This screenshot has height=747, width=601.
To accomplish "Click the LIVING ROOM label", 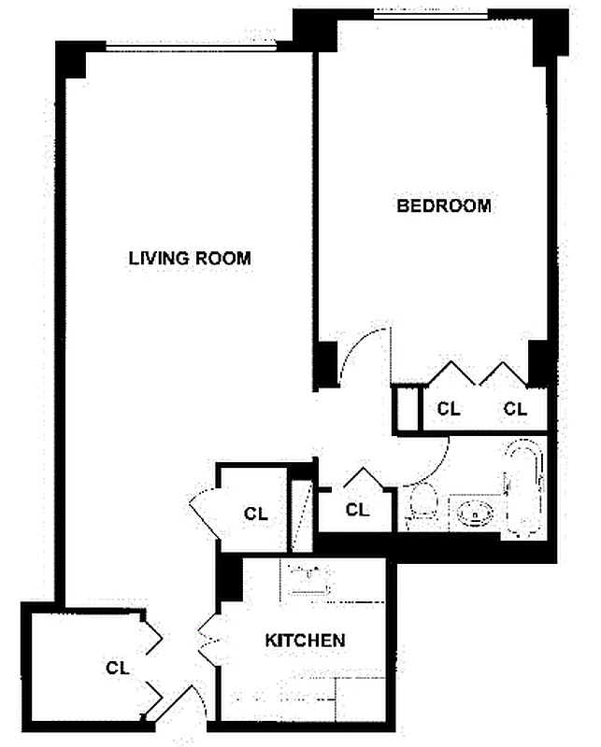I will (x=190, y=258).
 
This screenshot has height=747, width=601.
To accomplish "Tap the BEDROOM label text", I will (x=444, y=205).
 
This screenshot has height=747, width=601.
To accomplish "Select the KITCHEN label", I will (x=306, y=641).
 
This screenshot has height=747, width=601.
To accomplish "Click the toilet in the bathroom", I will (x=422, y=505).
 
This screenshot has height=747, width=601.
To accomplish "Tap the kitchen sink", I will (x=309, y=579).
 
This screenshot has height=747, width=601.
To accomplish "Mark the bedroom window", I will (x=432, y=13).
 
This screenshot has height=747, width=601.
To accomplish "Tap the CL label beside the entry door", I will (x=117, y=668).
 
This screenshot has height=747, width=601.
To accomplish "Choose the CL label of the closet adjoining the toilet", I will (x=357, y=510).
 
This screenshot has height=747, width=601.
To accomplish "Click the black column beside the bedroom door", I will (x=323, y=365).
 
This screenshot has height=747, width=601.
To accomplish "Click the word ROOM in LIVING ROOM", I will (x=222, y=258).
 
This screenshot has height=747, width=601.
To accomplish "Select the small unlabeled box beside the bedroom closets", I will (x=407, y=408).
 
